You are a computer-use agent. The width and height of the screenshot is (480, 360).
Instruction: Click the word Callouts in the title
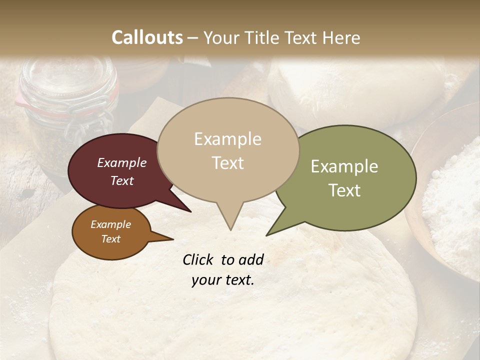[147, 37]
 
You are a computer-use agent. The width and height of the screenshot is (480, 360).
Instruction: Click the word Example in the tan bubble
[227, 139]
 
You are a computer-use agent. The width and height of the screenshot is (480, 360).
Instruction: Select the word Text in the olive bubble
[344, 190]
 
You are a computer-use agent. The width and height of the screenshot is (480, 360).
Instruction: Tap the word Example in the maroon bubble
[121, 162]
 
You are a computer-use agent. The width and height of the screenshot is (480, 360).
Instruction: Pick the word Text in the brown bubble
[110, 239]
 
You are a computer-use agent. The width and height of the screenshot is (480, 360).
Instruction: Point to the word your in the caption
[205, 280]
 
